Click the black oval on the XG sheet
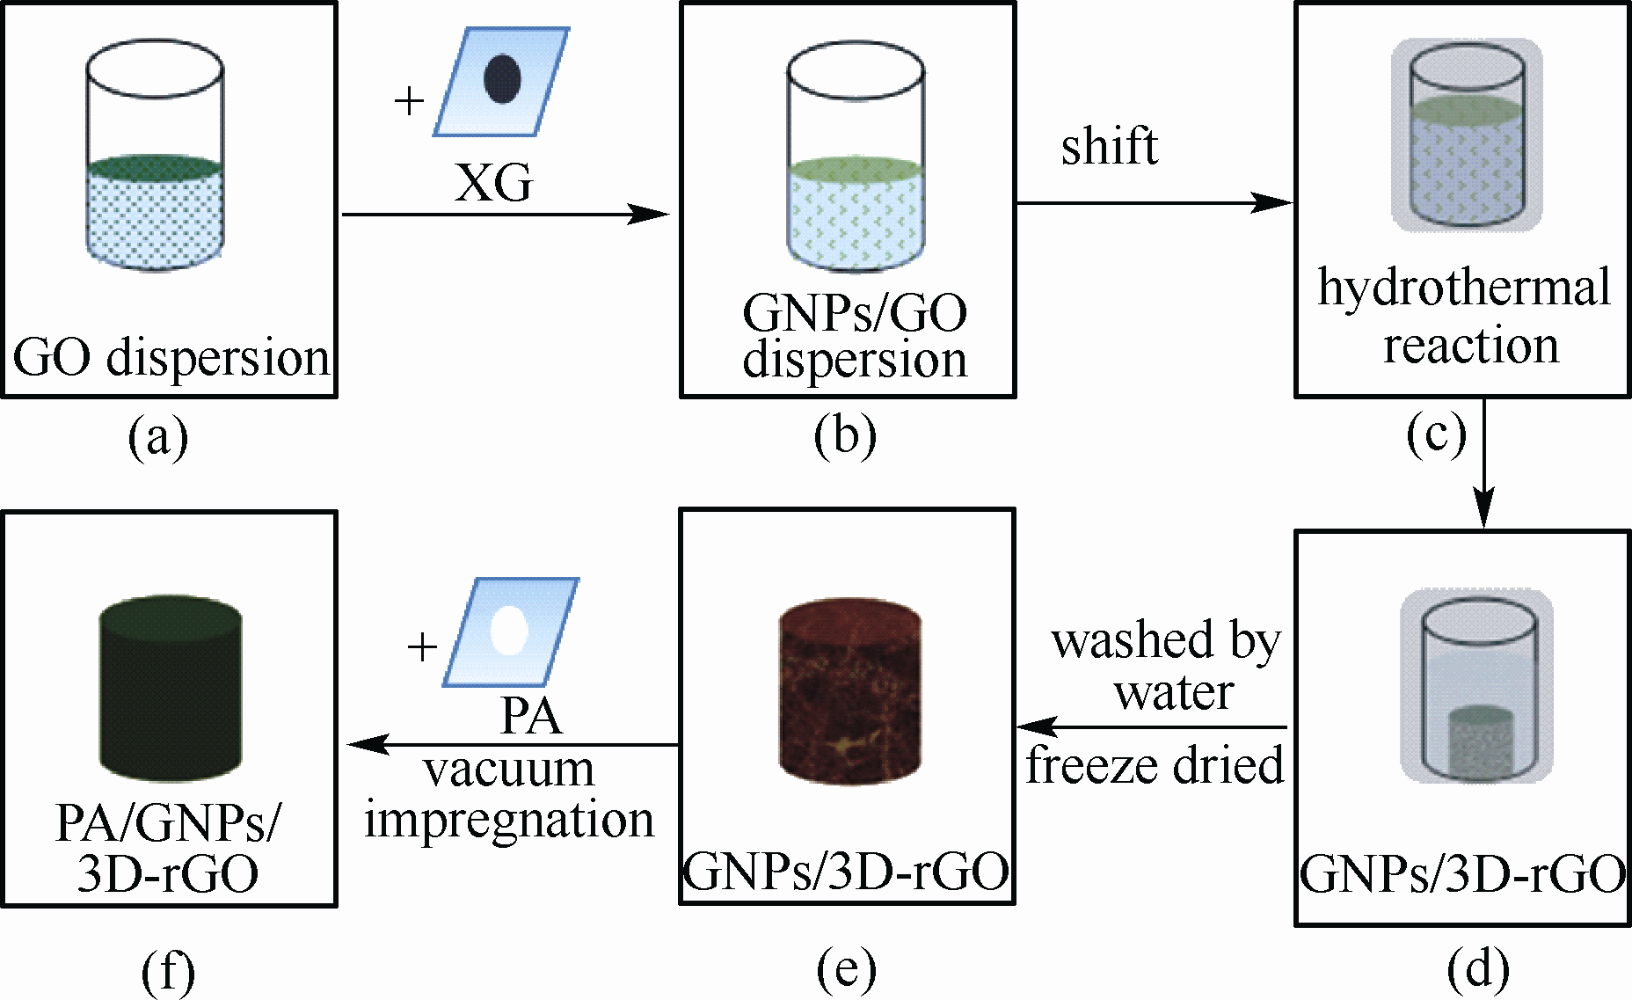pyautogui.click(x=502, y=79)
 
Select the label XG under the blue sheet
pyautogui.click(x=493, y=184)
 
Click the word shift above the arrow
pyautogui.click(x=1109, y=146)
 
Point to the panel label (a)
pyautogui.click(x=158, y=437)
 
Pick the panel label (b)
pyautogui.click(x=845, y=437)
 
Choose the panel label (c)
pyautogui.click(x=1436, y=434)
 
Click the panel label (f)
pyautogui.click(x=168, y=971)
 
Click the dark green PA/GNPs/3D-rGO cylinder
pyautogui.click(x=171, y=686)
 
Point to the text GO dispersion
pyautogui.click(x=171, y=358)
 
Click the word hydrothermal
pyautogui.click(x=1464, y=288)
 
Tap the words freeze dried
pyautogui.click(x=1155, y=765)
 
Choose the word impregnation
pyautogui.click(x=509, y=821)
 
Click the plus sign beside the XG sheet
pyautogui.click(x=409, y=101)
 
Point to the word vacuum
pyautogui.click(x=509, y=770)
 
